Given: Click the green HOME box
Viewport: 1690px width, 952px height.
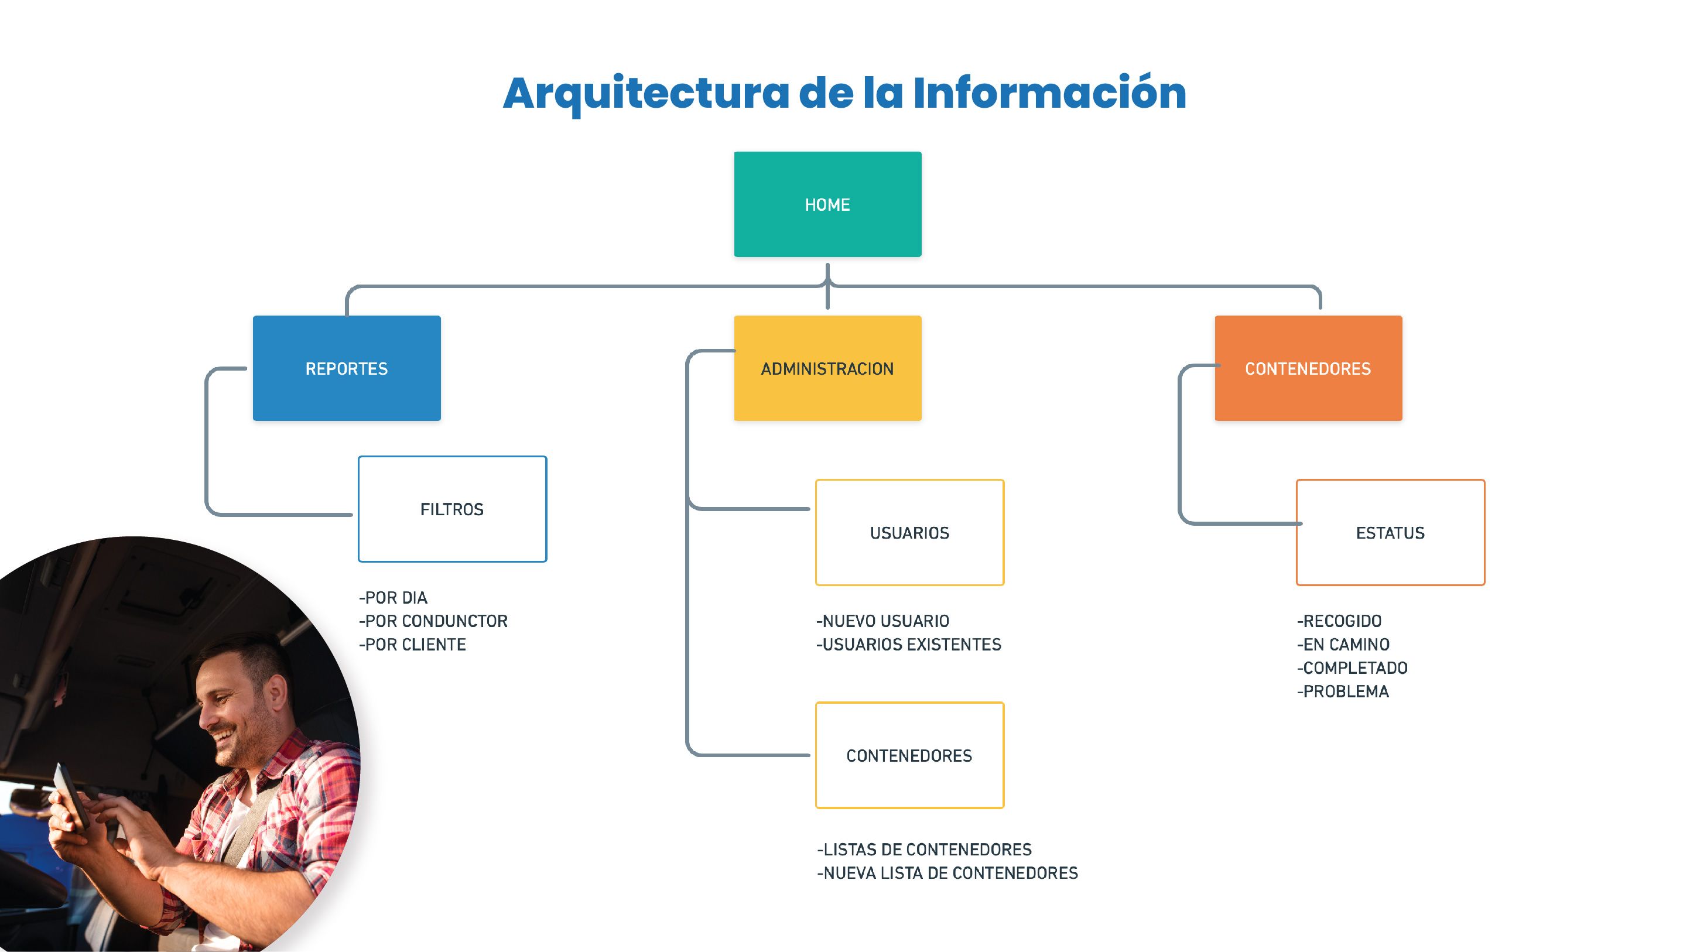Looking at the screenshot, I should click(827, 204).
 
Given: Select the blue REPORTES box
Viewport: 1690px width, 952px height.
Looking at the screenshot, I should click(347, 368).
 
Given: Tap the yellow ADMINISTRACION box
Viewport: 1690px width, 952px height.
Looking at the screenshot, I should click(827, 368).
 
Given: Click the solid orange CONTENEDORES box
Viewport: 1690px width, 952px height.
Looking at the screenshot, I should click(1308, 368).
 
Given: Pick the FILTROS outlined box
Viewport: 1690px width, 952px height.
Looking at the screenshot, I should click(452, 509).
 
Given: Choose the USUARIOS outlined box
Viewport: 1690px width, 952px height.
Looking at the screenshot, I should click(909, 532).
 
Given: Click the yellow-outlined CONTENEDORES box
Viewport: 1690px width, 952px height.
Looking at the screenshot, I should click(909, 755).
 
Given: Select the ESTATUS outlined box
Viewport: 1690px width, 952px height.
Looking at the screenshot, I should click(1390, 532).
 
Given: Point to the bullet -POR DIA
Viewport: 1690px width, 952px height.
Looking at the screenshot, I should click(393, 598).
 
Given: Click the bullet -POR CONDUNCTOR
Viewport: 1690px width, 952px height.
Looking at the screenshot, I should click(433, 621).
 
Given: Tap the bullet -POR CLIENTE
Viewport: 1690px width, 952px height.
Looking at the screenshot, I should click(412, 644).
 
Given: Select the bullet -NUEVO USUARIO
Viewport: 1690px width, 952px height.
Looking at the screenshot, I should click(882, 621).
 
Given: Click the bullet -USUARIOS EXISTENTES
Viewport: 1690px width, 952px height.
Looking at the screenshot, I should click(909, 644).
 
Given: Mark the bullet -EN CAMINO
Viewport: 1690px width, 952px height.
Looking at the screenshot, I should click(1343, 644).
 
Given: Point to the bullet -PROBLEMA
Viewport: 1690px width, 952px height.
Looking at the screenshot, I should click(1343, 691).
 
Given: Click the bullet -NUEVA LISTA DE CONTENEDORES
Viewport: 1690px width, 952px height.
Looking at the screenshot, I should click(947, 872).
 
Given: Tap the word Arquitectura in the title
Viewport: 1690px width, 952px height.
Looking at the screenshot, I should click(646, 94).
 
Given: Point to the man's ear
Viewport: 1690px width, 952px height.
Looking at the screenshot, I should click(278, 693).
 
